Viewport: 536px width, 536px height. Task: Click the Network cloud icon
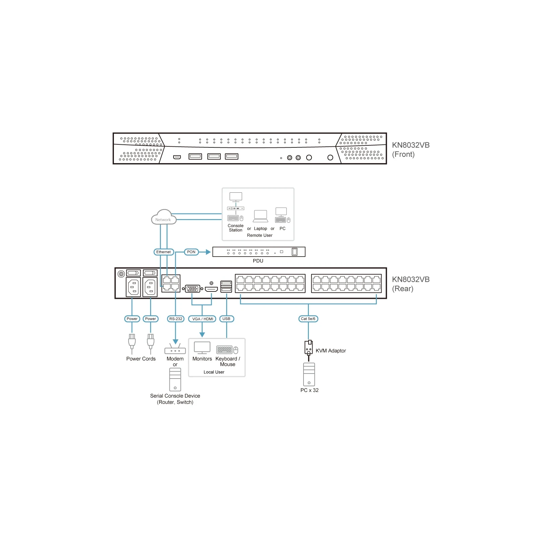(163, 217)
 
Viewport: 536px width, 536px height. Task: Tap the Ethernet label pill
(163, 252)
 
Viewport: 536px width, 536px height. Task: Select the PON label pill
(191, 252)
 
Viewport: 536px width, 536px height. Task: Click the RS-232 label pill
(176, 319)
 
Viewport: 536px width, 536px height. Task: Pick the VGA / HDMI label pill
(202, 319)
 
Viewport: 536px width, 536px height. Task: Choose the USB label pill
(226, 319)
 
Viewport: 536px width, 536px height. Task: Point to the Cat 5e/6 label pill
(308, 319)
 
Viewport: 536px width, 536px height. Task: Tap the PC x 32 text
(310, 390)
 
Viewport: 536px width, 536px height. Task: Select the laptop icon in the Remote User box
(260, 216)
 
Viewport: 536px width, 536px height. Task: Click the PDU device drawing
(259, 252)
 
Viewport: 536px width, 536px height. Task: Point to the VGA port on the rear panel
(193, 288)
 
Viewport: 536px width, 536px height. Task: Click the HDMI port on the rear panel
(211, 289)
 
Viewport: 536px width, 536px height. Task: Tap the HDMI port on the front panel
(177, 157)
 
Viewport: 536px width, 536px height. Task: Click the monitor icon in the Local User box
(202, 348)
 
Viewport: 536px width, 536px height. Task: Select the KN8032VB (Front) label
(411, 150)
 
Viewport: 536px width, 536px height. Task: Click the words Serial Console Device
(175, 396)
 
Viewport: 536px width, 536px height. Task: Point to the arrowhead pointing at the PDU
(208, 252)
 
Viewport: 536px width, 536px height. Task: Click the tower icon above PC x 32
(309, 375)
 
